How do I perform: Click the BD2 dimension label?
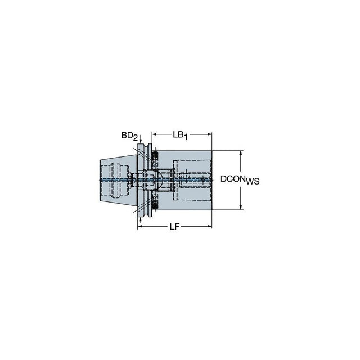click(x=129, y=136)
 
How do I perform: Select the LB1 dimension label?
click(x=180, y=135)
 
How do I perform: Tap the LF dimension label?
click(x=174, y=227)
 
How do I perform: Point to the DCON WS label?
click(x=240, y=180)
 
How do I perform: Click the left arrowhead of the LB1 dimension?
click(x=154, y=134)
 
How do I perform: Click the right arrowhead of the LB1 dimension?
click(x=209, y=134)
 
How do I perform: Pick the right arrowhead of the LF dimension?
click(x=209, y=226)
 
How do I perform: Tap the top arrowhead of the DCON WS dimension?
click(x=241, y=153)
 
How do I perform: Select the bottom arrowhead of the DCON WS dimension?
click(x=241, y=207)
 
